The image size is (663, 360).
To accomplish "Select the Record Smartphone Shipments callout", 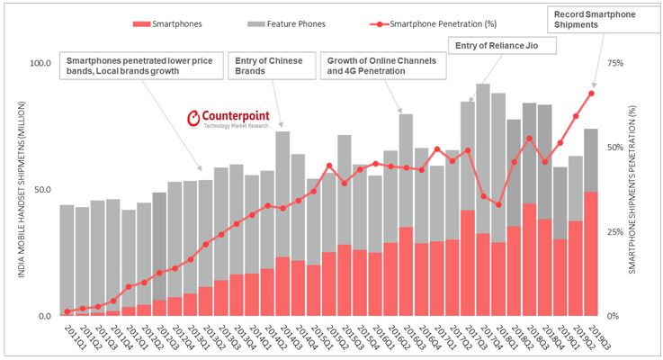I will [x=597, y=19].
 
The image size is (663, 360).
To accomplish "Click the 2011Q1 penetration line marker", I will [x=67, y=311].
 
